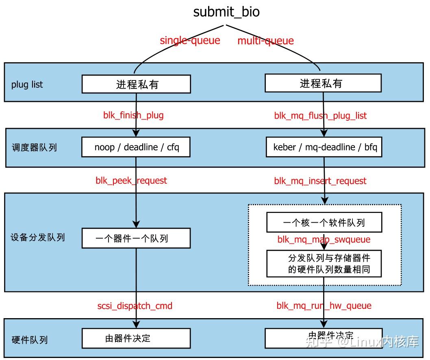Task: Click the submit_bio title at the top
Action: pyautogui.click(x=226, y=12)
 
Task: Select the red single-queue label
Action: pyautogui.click(x=190, y=40)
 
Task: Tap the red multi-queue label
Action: pyautogui.click(x=265, y=41)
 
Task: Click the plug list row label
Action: pyautogui.click(x=27, y=85)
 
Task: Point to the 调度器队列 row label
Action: pyautogui.click(x=34, y=147)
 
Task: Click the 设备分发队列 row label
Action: pyautogui.click(x=37, y=237)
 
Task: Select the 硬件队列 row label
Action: pyautogui.click(x=29, y=339)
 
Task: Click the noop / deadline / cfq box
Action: pyautogui.click(x=136, y=147)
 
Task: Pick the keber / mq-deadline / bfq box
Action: pyautogui.click(x=324, y=147)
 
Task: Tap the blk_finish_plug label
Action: pyautogui.click(x=133, y=115)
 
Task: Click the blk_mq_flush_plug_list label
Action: pyautogui.click(x=320, y=116)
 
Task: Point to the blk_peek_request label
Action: pyautogui.click(x=131, y=180)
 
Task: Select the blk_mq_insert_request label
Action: pyautogui.click(x=320, y=181)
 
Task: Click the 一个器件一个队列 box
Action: pyautogui.click(x=136, y=238)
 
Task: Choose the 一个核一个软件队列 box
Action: pyautogui.click(x=324, y=222)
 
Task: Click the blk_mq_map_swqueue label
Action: pyautogui.click(x=324, y=239)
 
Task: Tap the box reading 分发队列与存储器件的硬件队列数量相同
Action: pyautogui.click(x=324, y=263)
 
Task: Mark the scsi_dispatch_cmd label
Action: pyautogui.click(x=135, y=306)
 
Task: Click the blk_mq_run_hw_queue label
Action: pyautogui.click(x=324, y=306)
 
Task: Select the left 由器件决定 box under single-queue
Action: pyautogui.click(x=136, y=338)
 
